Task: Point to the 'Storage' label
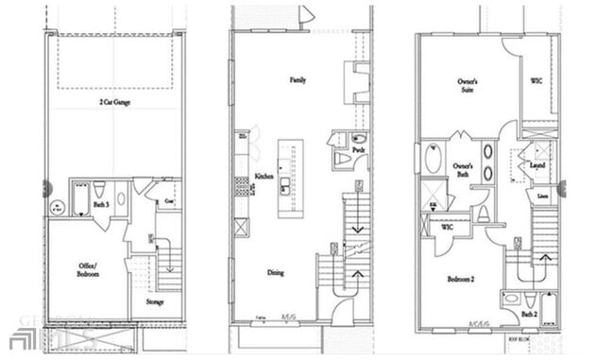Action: click(156, 302)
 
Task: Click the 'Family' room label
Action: click(298, 80)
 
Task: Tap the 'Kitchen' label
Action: click(264, 178)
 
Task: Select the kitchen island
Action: click(290, 178)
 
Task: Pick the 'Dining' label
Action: click(275, 273)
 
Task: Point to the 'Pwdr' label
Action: click(358, 150)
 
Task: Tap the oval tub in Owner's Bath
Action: click(434, 158)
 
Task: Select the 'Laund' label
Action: click(537, 167)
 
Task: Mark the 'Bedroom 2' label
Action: click(463, 280)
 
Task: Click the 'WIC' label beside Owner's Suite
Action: click(537, 82)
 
